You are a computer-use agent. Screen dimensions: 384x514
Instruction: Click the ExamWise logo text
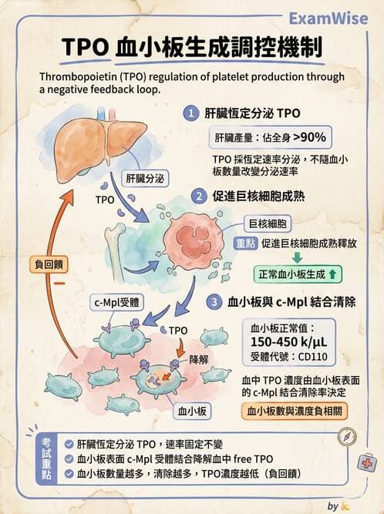(328, 18)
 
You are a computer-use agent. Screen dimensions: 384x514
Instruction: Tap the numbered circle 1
(191, 114)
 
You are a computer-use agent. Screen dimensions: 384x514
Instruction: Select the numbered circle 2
(199, 197)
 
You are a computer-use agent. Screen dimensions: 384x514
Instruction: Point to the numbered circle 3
(214, 301)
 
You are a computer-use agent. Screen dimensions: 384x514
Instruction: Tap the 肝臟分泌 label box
(145, 179)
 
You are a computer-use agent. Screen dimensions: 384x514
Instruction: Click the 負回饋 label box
(49, 264)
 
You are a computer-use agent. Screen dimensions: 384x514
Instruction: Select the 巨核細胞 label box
(268, 224)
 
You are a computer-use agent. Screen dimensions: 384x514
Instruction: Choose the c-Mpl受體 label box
(116, 303)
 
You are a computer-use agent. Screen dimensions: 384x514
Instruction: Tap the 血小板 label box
(192, 411)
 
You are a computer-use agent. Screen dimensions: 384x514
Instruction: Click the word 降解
(199, 360)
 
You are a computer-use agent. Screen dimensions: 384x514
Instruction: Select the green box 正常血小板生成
(298, 274)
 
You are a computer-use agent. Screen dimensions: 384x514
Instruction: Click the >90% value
(309, 136)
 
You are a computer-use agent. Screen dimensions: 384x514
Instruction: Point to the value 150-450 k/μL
(289, 342)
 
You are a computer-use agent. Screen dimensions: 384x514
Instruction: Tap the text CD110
(312, 357)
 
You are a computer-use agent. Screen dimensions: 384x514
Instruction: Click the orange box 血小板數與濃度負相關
(294, 411)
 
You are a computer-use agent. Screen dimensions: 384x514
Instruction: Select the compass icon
(347, 437)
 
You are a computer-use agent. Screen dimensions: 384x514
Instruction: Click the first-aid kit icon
(366, 462)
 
